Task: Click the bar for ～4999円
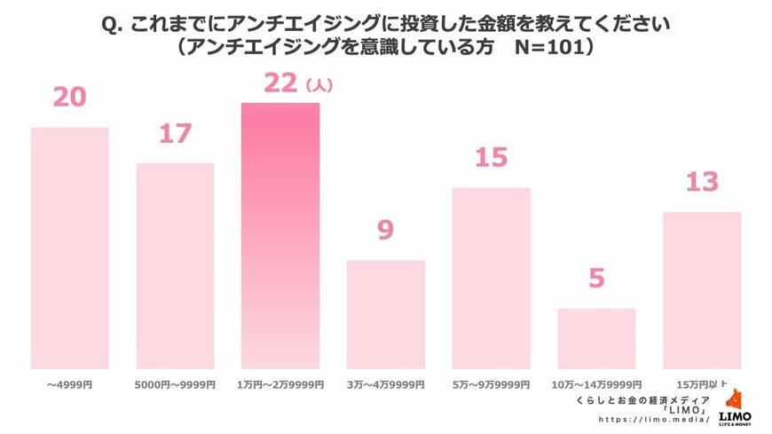pyautogui.click(x=69, y=248)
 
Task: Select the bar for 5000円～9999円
pyautogui.click(x=175, y=265)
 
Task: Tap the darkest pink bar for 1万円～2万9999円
pyautogui.click(x=280, y=235)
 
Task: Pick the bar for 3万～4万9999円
pyautogui.click(x=386, y=314)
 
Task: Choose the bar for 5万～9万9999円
pyautogui.click(x=491, y=278)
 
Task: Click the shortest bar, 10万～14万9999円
pyautogui.click(x=596, y=338)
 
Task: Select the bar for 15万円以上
pyautogui.click(x=702, y=290)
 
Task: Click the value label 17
pyautogui.click(x=175, y=134)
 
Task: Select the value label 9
pyautogui.click(x=385, y=231)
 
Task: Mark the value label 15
pyautogui.click(x=491, y=158)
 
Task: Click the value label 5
pyautogui.click(x=596, y=279)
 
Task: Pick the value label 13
pyautogui.click(x=702, y=182)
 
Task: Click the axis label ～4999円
pyautogui.click(x=69, y=384)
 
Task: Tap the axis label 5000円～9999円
pyautogui.click(x=175, y=384)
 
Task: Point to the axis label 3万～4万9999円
pyautogui.click(x=386, y=384)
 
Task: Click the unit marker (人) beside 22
pyautogui.click(x=319, y=86)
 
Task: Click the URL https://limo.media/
pyautogui.click(x=653, y=419)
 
